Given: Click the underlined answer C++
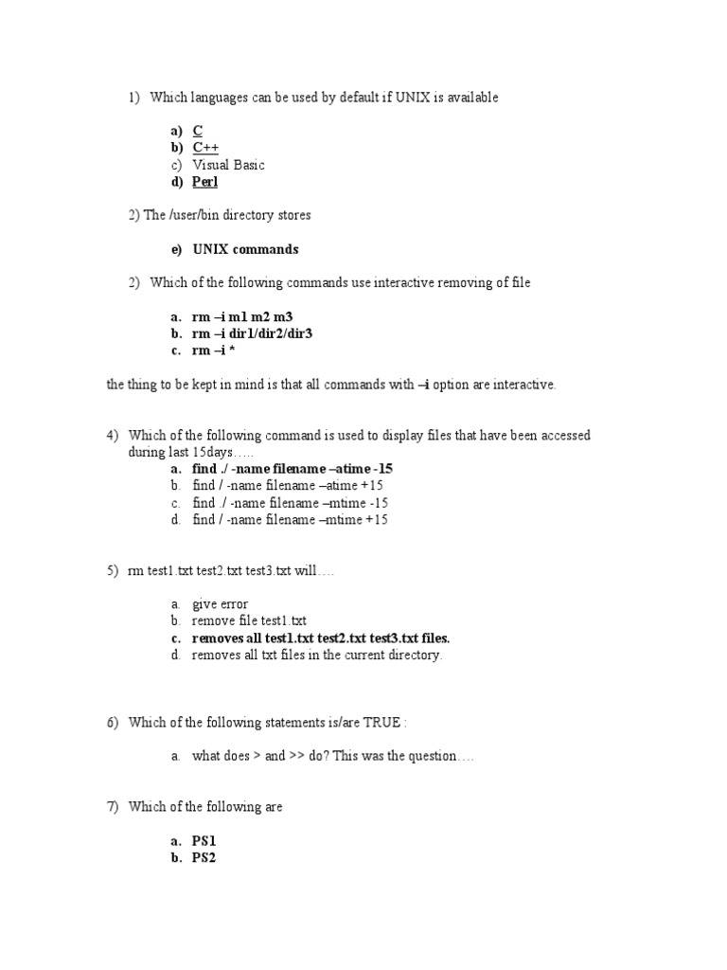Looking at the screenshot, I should tap(205, 148).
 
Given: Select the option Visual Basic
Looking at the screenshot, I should tap(228, 165).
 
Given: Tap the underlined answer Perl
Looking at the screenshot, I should tap(204, 182).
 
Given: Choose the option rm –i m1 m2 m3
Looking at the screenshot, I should tap(248, 316).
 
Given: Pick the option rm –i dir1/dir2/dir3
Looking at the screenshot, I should tap(252, 333).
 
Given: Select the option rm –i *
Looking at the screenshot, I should tap(213, 350).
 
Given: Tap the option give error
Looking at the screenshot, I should tap(220, 603).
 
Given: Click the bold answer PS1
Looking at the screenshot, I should tap(204, 840).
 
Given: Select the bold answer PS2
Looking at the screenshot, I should tap(204, 857).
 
